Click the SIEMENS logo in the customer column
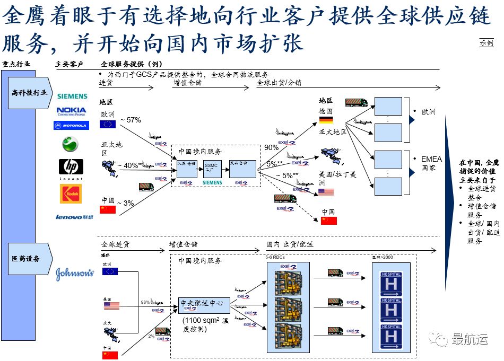[x=72, y=96]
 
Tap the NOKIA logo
[x=72, y=111]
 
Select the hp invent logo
[x=71, y=169]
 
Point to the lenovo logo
[x=74, y=217]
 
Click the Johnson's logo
[x=75, y=274]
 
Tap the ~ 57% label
[x=131, y=120]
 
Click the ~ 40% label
[x=129, y=166]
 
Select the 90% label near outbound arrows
[x=271, y=147]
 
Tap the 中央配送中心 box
[x=204, y=304]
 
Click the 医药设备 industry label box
[x=30, y=259]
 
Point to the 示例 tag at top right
[x=486, y=43]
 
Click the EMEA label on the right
[x=431, y=159]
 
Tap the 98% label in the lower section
[x=145, y=302]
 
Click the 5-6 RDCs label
[x=275, y=257]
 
